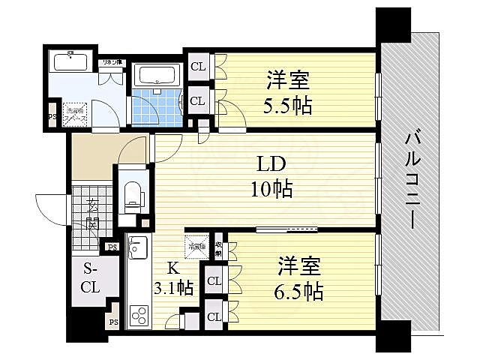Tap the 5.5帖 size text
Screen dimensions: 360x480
pyautogui.click(x=288, y=103)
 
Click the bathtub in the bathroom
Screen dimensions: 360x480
pyautogui.click(x=155, y=76)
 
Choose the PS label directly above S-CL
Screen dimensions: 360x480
pyautogui.click(x=112, y=247)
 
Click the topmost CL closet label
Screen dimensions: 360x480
pyautogui.click(x=198, y=66)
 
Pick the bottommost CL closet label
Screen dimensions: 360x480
pyautogui.click(x=214, y=316)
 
